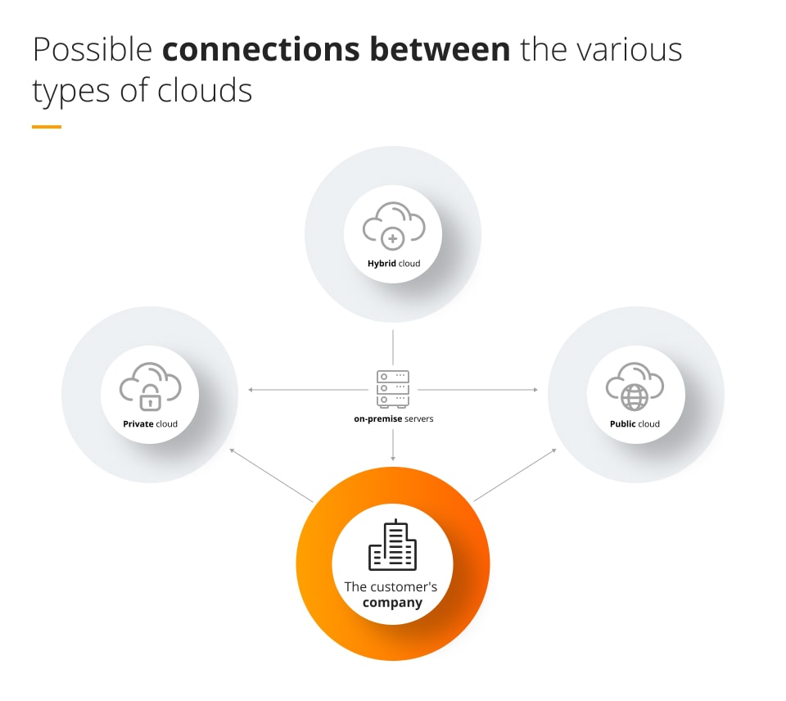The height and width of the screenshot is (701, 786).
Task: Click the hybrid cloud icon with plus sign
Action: click(393, 227)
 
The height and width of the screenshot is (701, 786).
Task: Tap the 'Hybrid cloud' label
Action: click(393, 264)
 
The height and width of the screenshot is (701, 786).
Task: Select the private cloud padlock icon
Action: click(150, 387)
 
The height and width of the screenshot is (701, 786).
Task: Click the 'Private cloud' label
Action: click(150, 423)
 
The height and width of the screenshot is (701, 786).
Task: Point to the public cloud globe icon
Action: click(635, 387)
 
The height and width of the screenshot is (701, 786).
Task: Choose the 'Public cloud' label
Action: click(635, 423)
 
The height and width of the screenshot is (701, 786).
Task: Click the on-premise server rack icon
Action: click(393, 388)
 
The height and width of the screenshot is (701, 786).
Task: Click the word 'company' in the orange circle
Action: click(392, 603)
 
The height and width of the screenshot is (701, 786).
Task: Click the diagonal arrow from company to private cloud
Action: click(271, 474)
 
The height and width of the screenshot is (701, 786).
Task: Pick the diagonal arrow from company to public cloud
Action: click(516, 474)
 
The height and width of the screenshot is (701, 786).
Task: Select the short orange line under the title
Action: click(47, 127)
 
